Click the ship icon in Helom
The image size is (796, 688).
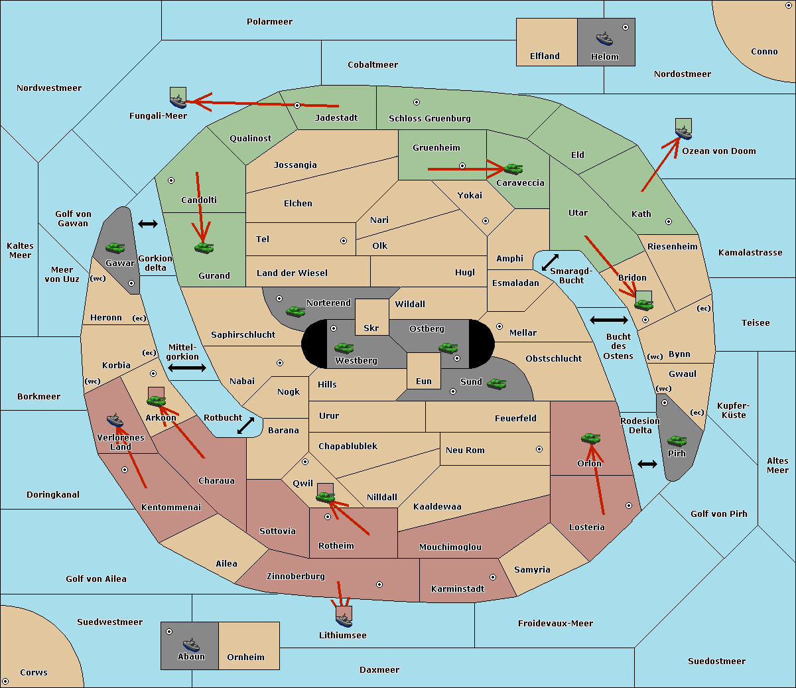click(x=604, y=38)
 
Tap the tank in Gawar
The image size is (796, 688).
click(x=115, y=247)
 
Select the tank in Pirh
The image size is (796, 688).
click(x=677, y=441)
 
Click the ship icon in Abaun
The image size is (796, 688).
click(x=191, y=644)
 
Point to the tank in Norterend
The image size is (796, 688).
click(x=295, y=311)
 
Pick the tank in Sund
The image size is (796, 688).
click(x=496, y=383)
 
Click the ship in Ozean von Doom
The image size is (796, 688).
click(x=683, y=133)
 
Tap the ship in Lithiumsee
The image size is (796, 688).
click(x=344, y=620)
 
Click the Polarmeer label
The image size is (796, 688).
click(x=269, y=22)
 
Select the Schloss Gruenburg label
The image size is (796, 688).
click(x=430, y=118)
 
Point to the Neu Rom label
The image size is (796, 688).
click(x=465, y=450)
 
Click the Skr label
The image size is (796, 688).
click(x=371, y=328)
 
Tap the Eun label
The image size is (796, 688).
click(x=424, y=381)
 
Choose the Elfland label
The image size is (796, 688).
click(x=545, y=56)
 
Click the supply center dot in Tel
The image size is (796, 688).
click(x=344, y=241)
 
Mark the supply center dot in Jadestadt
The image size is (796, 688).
click(x=297, y=105)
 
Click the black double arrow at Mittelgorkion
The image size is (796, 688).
click(x=187, y=368)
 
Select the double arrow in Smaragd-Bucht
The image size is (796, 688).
click(x=550, y=262)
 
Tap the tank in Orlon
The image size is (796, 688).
click(x=590, y=439)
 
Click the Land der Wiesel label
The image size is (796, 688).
click(x=292, y=273)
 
